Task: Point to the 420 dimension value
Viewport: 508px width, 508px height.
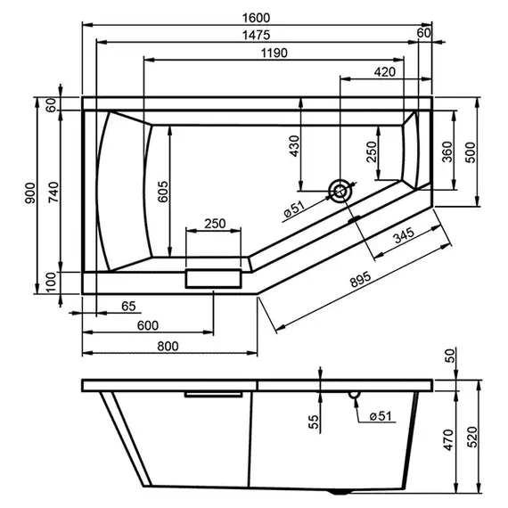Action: click(x=385, y=71)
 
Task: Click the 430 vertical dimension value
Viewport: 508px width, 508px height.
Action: click(x=296, y=145)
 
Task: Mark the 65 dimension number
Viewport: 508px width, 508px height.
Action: click(x=128, y=307)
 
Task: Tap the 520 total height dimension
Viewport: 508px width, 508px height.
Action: click(x=470, y=438)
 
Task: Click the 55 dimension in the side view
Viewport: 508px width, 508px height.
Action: click(x=314, y=422)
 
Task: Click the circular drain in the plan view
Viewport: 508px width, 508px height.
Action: click(x=340, y=189)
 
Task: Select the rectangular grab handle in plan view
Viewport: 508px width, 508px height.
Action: click(x=213, y=276)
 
